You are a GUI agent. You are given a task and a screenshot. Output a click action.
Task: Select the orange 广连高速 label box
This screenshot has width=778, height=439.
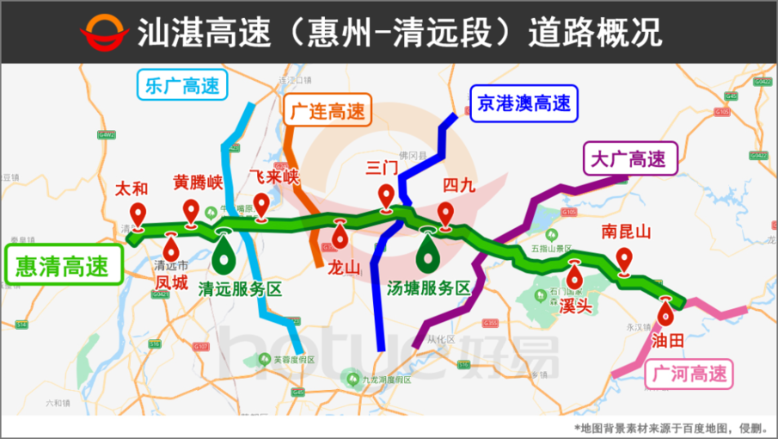coord(326,112)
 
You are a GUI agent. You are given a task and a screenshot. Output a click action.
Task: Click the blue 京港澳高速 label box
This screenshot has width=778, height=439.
coord(524,104)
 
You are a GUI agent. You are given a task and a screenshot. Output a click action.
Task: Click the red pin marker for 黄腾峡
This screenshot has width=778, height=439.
coord(192,210)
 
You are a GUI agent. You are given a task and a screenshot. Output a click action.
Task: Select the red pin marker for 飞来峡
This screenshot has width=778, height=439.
coord(261,205)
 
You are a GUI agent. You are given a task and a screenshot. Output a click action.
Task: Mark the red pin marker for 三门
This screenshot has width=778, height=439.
coord(387,198)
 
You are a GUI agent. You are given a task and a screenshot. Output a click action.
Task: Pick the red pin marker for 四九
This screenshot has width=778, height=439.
coord(445,213)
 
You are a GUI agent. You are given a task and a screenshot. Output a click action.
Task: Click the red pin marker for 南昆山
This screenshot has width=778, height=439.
coord(625,259)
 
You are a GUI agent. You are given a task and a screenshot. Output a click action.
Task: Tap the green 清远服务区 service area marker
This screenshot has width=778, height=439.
coord(225,252)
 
